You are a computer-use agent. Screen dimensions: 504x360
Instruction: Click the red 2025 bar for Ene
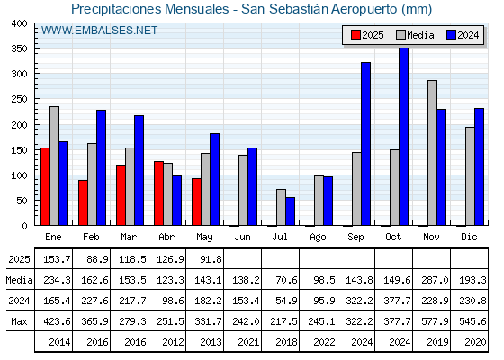(x=45, y=186)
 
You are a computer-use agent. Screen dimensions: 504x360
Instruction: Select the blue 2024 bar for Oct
(x=404, y=136)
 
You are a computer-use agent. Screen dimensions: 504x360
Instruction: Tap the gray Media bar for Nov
(x=432, y=153)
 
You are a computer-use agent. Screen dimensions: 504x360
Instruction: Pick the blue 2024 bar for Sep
(x=365, y=144)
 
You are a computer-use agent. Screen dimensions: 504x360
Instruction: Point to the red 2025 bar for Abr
(x=158, y=193)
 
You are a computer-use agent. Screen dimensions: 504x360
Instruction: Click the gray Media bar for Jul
(x=281, y=207)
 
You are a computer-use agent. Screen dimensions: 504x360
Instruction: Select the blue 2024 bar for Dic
(x=479, y=166)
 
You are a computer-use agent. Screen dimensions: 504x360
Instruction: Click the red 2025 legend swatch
(x=355, y=35)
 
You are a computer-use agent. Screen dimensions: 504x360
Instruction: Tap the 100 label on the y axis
(x=19, y=175)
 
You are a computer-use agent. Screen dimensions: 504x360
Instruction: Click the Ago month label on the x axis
(x=318, y=238)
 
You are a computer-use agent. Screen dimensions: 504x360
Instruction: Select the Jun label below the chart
(x=242, y=237)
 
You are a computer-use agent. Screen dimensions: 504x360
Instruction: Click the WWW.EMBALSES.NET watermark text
(x=99, y=31)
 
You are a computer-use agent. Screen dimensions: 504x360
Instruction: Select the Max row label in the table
(x=19, y=321)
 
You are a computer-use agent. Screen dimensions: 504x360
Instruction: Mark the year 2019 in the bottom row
(x=437, y=342)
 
